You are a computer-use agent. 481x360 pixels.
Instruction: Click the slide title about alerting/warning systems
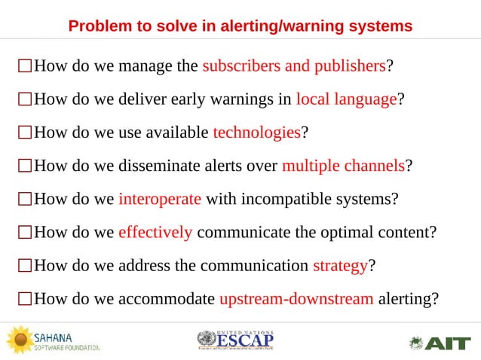[x=240, y=26]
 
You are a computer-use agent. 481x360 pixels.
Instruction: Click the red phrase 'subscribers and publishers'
[x=294, y=66]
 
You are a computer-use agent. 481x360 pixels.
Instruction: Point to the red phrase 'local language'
[x=346, y=99]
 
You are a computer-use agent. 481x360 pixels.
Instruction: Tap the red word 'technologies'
[x=256, y=133]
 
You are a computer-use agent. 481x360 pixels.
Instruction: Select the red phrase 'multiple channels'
[x=343, y=166]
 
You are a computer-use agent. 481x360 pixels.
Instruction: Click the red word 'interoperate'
[x=159, y=199]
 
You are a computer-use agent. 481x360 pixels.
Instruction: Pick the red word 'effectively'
[x=155, y=232]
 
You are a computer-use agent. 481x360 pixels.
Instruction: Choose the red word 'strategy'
[x=339, y=265]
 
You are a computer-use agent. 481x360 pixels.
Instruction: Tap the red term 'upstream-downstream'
[x=296, y=298]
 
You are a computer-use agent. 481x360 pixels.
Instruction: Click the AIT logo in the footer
[x=440, y=343]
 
